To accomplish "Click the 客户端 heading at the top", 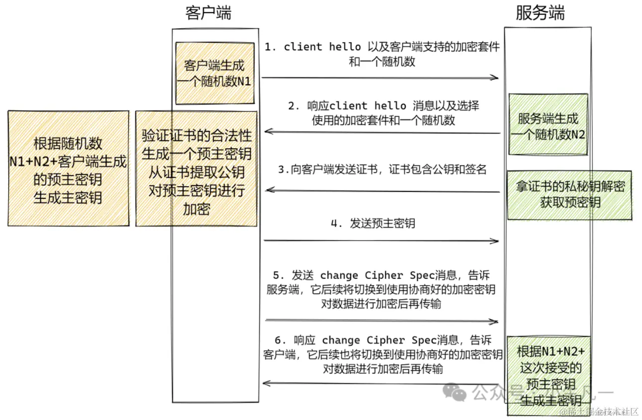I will [208, 13].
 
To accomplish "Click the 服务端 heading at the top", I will [540, 13].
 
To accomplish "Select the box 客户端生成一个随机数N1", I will [214, 73].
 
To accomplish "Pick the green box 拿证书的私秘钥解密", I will [569, 195].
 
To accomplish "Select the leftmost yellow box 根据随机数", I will [68, 169].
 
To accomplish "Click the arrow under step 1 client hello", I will [380, 77].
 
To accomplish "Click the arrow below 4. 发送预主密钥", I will [381, 241].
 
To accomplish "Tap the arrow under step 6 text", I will [381, 383].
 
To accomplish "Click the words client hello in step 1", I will [322, 47].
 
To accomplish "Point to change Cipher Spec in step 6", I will [379, 340].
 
